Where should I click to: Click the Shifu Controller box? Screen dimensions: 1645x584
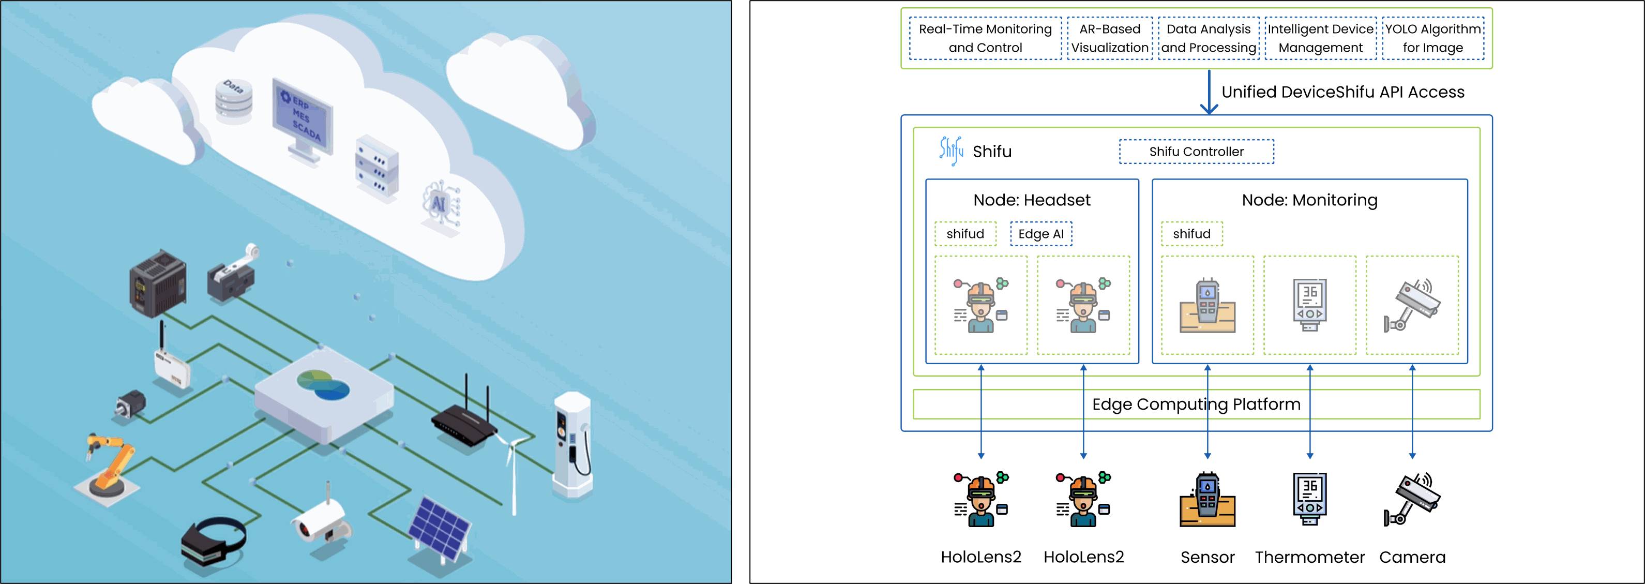(x=1196, y=152)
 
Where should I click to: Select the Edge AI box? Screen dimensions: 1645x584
(x=1041, y=234)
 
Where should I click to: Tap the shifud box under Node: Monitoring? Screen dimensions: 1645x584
(x=1191, y=234)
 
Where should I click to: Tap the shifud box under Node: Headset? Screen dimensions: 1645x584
(x=965, y=234)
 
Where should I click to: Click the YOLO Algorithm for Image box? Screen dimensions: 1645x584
(x=1433, y=38)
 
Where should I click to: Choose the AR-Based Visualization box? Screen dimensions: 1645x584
(x=1110, y=38)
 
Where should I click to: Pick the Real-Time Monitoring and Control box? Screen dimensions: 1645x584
(x=985, y=38)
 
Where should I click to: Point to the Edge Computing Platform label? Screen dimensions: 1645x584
(x=1196, y=405)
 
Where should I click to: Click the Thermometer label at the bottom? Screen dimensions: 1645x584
(x=1310, y=557)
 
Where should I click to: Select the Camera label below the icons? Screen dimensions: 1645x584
(x=1412, y=557)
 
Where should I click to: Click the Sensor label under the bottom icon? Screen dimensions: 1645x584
(x=1208, y=557)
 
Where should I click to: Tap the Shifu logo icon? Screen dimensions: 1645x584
(x=951, y=151)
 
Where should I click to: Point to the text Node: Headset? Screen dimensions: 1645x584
(x=1032, y=200)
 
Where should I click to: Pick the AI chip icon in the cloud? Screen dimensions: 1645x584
(x=441, y=204)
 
